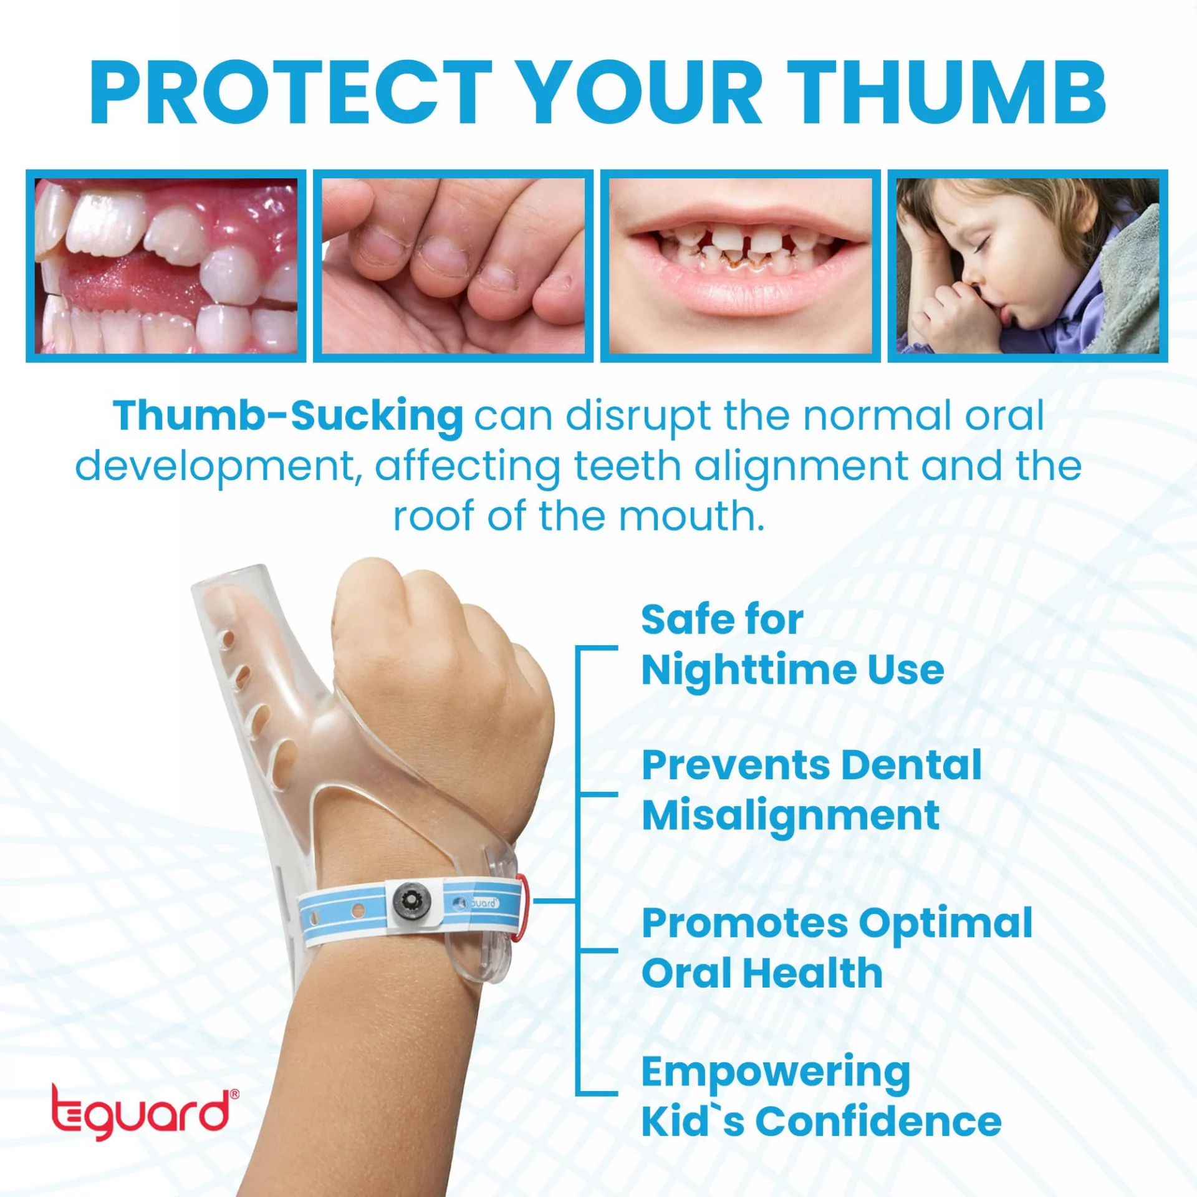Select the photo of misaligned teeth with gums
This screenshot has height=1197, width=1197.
click(x=166, y=266)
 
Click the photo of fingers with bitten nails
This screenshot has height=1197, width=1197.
click(x=453, y=266)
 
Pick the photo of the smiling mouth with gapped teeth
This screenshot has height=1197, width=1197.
click(x=741, y=266)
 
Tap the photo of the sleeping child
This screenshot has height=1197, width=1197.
click(x=1028, y=266)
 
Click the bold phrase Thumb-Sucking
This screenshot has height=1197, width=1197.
click(x=288, y=416)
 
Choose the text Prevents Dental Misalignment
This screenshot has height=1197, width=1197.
click(x=812, y=791)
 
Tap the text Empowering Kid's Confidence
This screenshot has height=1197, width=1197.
click(x=821, y=1097)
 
